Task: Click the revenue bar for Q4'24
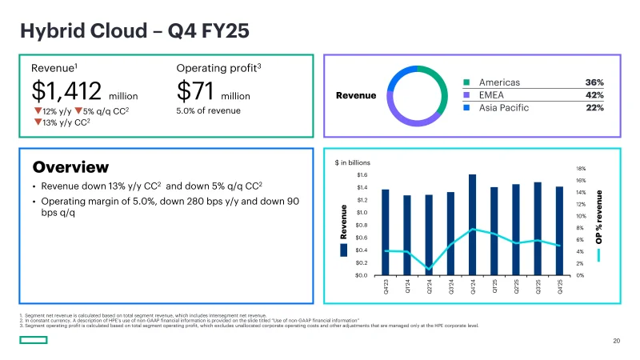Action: tap(472, 225)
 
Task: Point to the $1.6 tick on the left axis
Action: tap(362, 174)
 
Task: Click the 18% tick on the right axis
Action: tap(581, 169)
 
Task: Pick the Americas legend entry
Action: tap(498, 82)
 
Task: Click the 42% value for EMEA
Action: tap(594, 94)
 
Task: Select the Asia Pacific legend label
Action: tap(503, 107)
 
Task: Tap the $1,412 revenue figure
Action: tap(66, 90)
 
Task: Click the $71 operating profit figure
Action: tap(195, 90)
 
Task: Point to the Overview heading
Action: tap(70, 167)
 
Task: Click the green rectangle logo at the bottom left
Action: tap(34, 341)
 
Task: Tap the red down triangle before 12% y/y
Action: tap(37, 110)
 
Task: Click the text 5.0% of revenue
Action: tap(208, 110)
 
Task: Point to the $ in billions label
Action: tap(352, 162)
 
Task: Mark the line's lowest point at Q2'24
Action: tap(429, 269)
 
